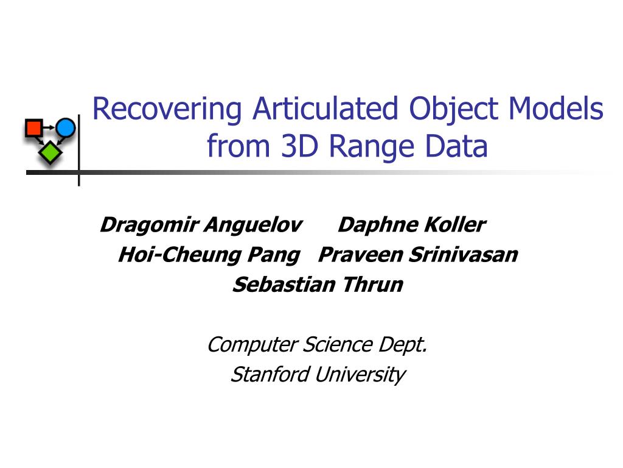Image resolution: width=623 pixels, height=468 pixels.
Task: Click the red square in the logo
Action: point(34,128)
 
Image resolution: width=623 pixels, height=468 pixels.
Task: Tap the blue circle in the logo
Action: point(66,128)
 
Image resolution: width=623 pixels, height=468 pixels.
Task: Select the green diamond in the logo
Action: point(50,152)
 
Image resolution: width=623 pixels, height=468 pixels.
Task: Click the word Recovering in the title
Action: point(167,110)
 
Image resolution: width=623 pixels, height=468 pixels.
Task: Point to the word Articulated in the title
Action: point(325,108)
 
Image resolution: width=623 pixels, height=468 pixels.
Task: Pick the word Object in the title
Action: point(453,110)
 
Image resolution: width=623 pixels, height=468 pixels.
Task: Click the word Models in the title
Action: point(556,108)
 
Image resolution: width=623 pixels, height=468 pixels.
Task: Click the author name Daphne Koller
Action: point(412,225)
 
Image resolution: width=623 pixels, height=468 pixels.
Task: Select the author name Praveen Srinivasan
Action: point(418,255)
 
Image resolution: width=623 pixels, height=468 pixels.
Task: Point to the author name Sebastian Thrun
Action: point(318,285)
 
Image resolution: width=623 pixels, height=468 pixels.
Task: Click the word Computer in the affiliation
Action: point(252,346)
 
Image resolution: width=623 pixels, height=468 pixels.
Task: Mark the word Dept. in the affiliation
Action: point(403,346)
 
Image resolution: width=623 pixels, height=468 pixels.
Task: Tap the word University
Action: point(360,375)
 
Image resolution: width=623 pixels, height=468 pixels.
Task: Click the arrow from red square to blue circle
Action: point(49,128)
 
